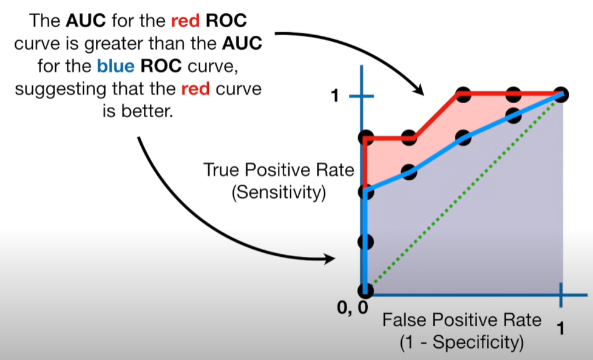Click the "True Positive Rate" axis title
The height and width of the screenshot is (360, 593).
[279, 169]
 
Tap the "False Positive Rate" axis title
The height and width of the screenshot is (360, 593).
[461, 319]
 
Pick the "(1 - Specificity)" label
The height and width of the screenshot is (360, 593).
[461, 342]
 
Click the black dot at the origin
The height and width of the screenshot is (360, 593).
[365, 291]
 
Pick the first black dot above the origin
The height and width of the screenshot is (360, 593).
[365, 242]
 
